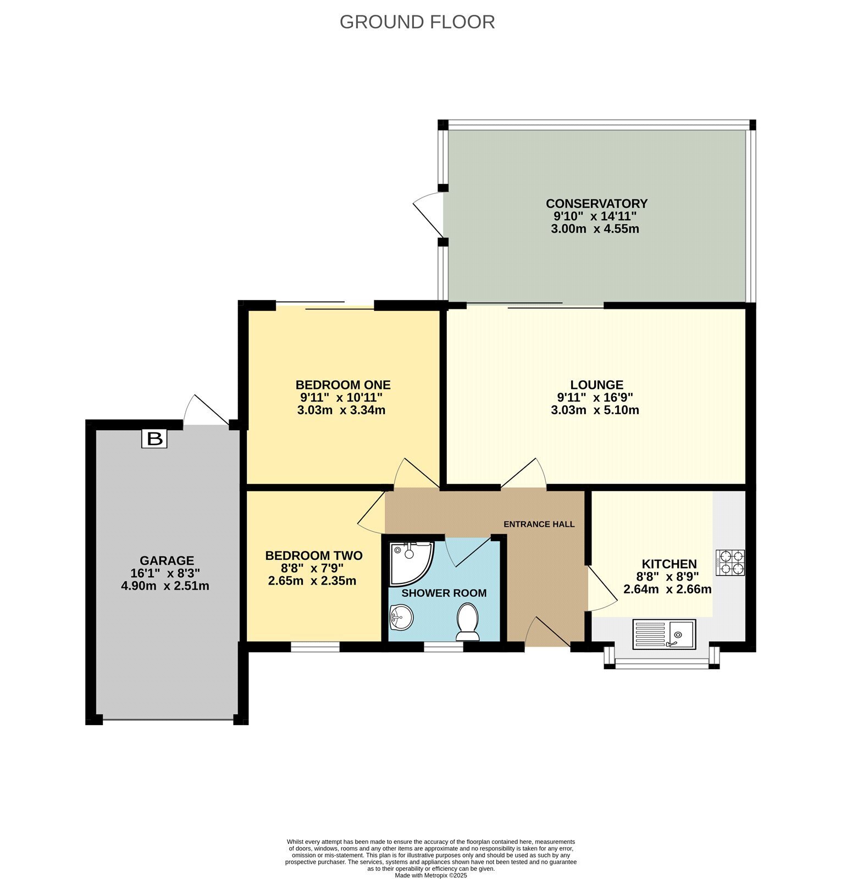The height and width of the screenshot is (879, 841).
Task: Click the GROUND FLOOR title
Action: coord(417,22)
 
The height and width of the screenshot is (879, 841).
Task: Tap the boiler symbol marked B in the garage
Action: coord(154,438)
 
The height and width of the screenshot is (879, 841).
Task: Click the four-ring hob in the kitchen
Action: coord(730,563)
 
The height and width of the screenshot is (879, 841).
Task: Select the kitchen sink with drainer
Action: coord(664,634)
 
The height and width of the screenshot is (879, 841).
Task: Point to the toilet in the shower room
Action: coord(468,622)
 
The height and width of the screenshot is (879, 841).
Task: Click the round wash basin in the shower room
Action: coord(401,617)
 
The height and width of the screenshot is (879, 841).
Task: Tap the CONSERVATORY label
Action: coord(596,204)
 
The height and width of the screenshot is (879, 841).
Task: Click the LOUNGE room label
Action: coord(596,385)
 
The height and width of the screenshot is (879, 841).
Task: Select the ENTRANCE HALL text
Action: coord(539,524)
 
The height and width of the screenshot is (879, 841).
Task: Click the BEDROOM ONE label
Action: coord(343,385)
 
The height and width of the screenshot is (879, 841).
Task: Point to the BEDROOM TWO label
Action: coord(314,555)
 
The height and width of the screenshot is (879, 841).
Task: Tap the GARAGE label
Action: coord(167,561)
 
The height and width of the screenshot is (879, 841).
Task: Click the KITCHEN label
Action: coord(669,564)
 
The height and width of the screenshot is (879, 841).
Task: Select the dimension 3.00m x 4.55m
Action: coord(595,229)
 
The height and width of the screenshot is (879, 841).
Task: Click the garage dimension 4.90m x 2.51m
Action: coord(165,586)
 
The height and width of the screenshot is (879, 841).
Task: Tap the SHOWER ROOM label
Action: coord(444,593)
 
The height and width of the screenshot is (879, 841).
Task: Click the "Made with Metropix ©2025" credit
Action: coord(431,875)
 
